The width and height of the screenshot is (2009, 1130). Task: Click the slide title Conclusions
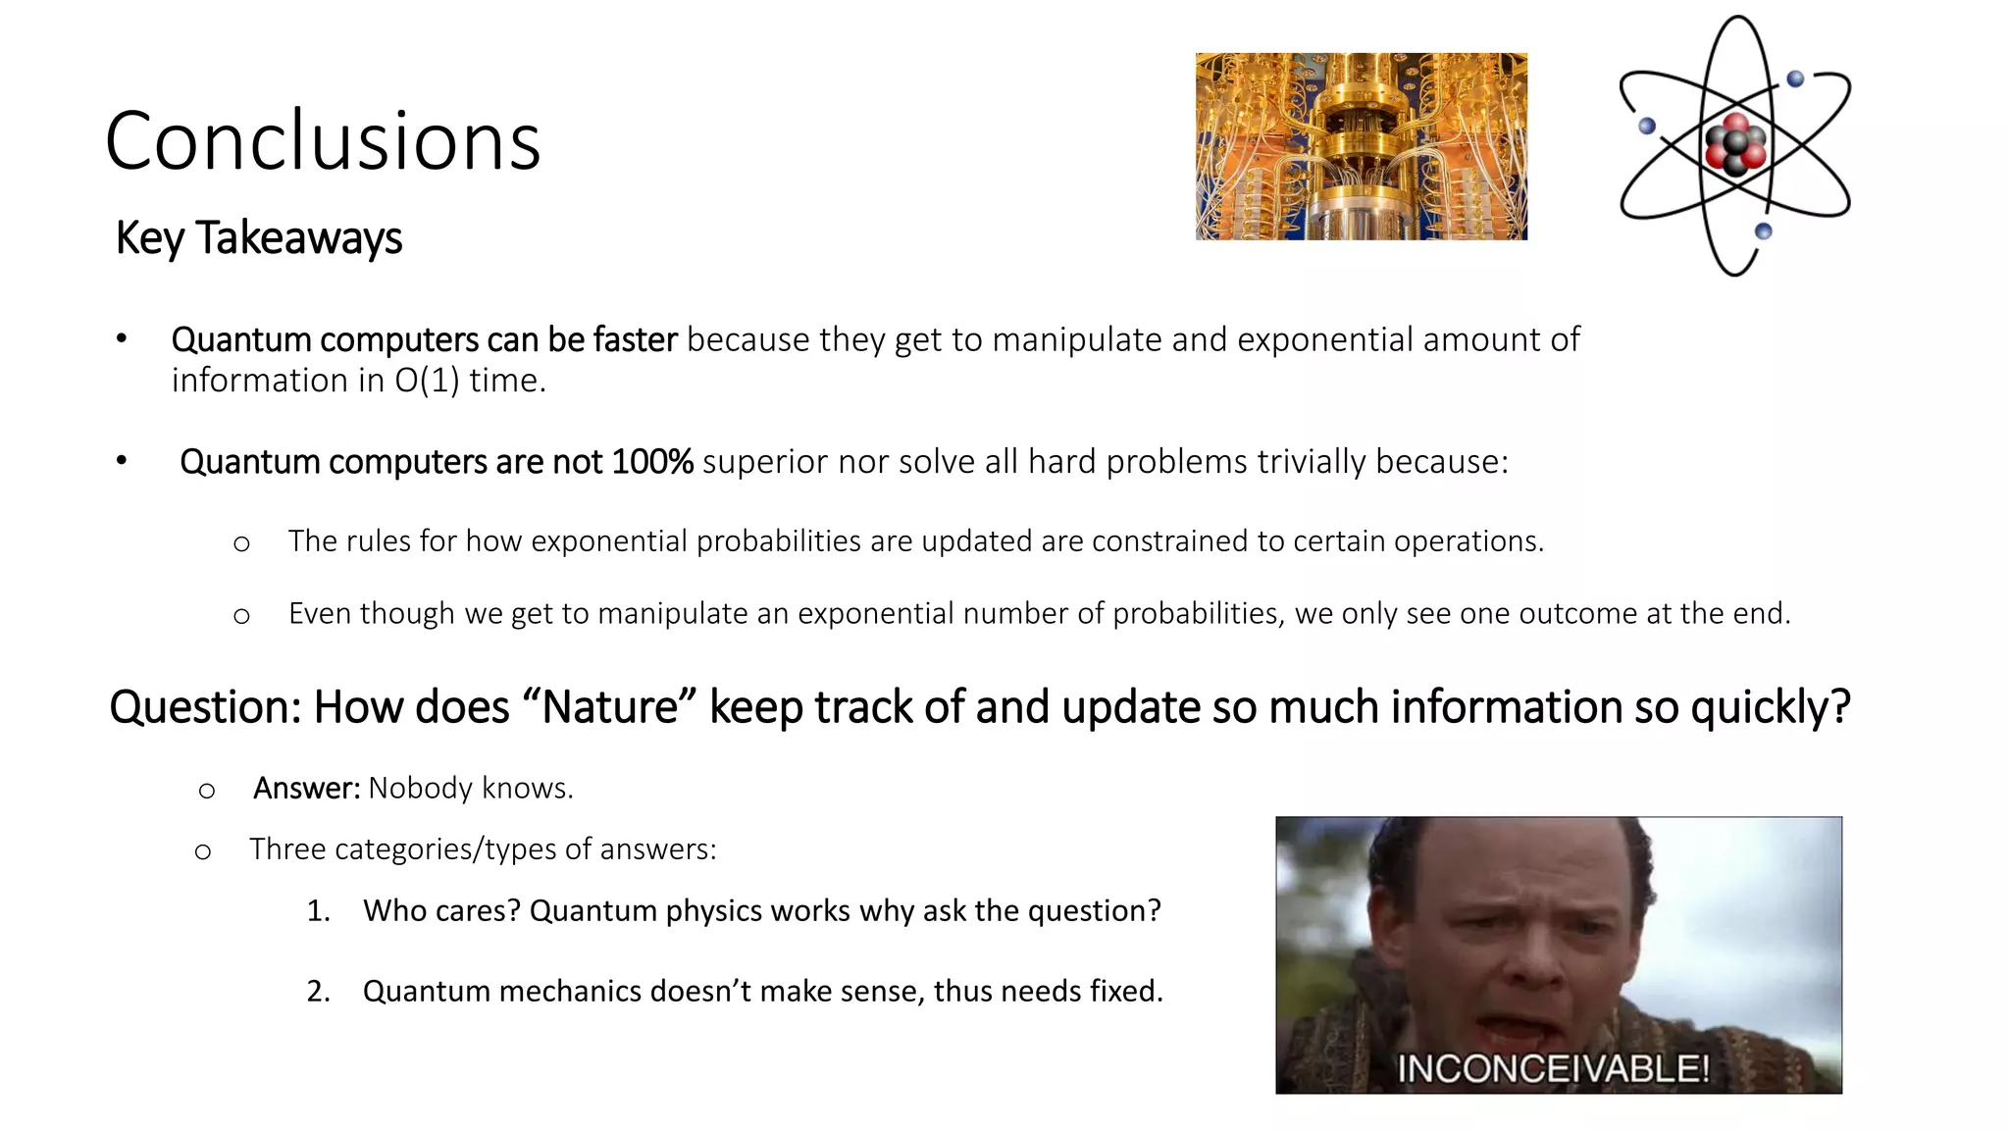click(323, 141)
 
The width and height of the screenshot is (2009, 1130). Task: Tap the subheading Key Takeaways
click(259, 237)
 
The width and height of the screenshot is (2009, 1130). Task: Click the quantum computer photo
click(1361, 146)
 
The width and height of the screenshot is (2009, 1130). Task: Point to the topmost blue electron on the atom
click(1795, 78)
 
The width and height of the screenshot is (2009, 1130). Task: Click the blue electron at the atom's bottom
click(1763, 231)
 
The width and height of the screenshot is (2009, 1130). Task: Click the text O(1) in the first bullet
click(427, 381)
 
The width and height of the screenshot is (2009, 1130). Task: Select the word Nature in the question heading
click(609, 707)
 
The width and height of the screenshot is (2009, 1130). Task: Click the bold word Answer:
click(307, 789)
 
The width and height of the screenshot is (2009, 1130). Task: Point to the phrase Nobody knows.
click(471, 789)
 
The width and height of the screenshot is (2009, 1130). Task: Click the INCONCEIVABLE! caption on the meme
click(1553, 1068)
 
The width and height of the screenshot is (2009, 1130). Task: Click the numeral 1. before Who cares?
click(318, 911)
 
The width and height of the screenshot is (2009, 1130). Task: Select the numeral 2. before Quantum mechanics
click(318, 992)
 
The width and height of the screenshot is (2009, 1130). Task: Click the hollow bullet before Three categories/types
click(203, 851)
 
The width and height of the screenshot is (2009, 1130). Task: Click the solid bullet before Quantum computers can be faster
click(122, 339)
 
